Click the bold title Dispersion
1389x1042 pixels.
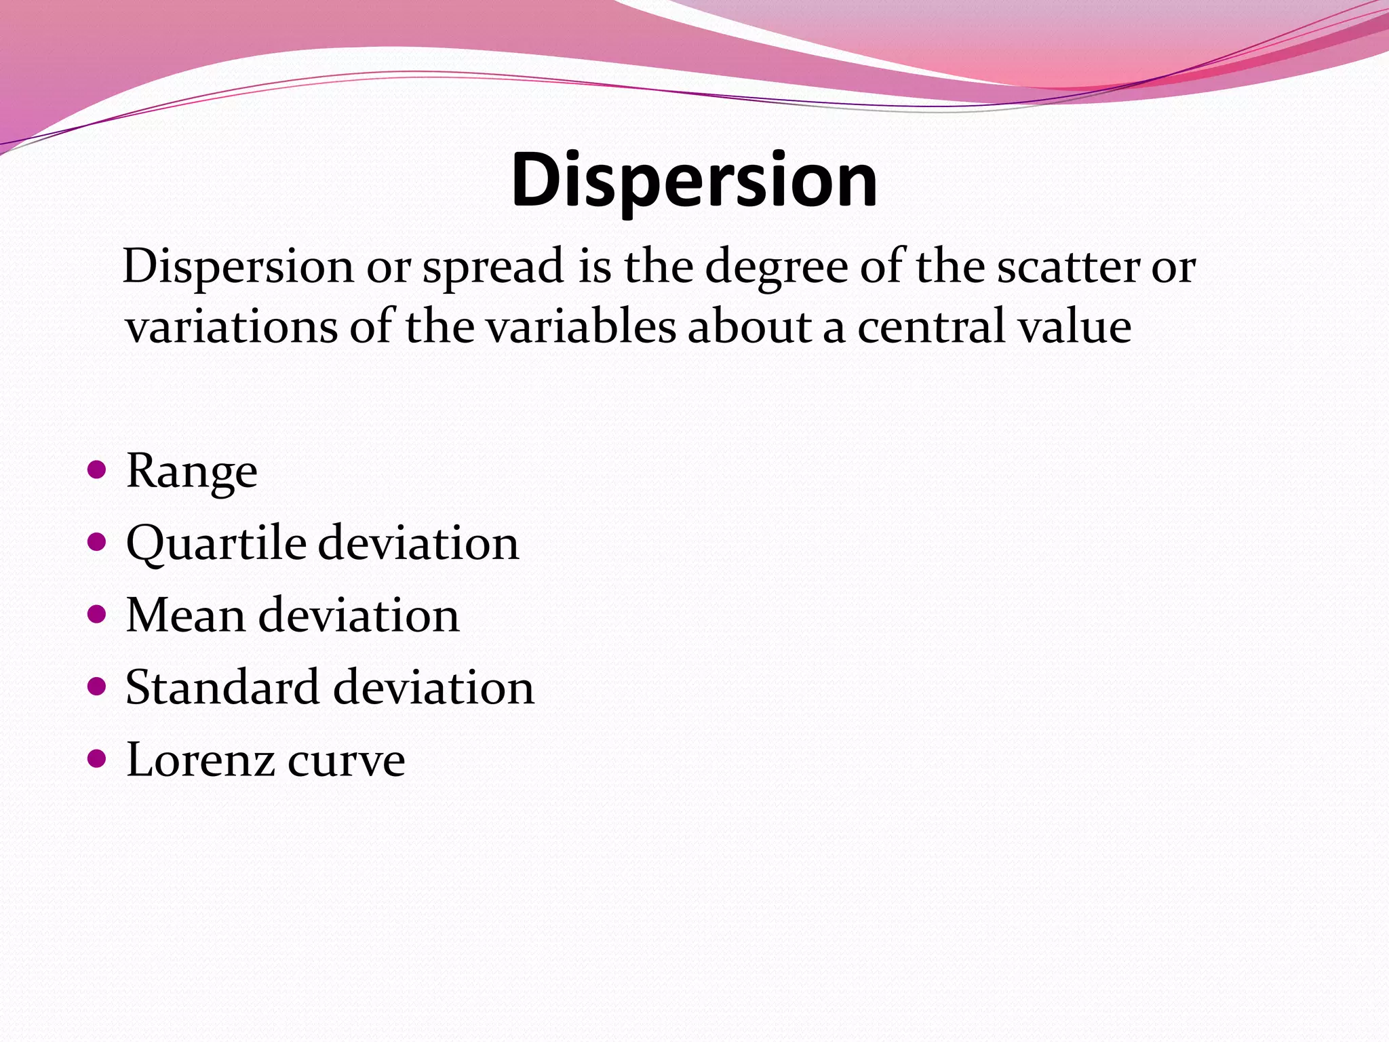694,180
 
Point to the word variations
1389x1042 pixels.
231,327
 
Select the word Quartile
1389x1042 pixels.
216,544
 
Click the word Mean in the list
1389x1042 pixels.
185,615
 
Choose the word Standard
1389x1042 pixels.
222,687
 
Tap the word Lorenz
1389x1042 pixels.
200,760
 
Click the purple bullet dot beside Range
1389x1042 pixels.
97,469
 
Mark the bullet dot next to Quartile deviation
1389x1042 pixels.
97,542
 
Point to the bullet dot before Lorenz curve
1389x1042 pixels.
97,758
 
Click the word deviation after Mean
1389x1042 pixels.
359,615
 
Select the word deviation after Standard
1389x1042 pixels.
434,687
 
